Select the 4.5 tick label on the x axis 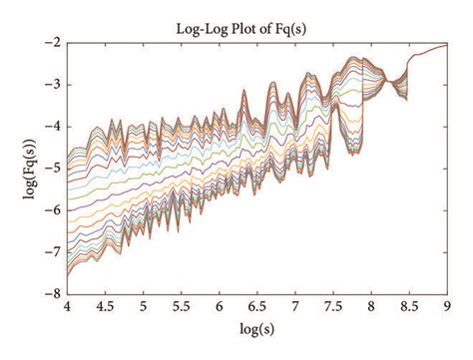pos(105,307)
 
